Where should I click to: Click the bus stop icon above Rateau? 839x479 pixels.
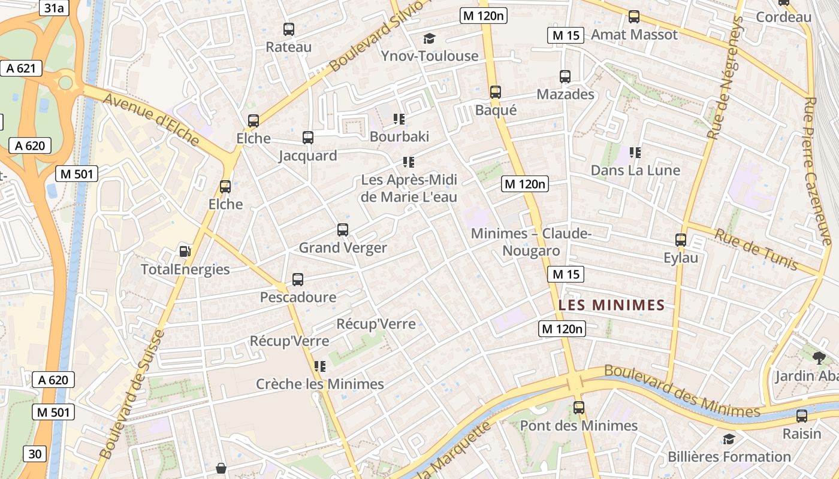coord(289,29)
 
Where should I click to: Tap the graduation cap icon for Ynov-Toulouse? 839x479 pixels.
coord(429,39)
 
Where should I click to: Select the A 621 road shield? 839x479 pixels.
coord(21,68)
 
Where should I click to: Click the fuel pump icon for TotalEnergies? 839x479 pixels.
coord(185,251)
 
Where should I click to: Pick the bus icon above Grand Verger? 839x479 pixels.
coord(343,229)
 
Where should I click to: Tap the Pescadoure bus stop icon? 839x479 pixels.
coord(298,279)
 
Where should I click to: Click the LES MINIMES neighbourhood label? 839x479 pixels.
coord(612,305)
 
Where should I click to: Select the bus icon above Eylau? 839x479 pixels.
coord(681,240)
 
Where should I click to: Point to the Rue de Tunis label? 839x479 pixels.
coord(756,249)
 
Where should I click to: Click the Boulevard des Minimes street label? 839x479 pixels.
coord(682,392)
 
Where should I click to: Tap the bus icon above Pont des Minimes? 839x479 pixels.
coord(579,408)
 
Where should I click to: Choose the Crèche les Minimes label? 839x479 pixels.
coord(320,384)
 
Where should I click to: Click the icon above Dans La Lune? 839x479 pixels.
coord(635,153)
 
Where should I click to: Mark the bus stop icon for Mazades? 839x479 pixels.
coord(565,76)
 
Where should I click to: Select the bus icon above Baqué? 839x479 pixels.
coord(496,92)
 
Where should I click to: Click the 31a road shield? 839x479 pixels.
coord(53,7)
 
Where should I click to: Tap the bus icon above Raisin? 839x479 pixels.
coord(802,416)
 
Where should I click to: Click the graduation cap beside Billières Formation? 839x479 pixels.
coord(729,439)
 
